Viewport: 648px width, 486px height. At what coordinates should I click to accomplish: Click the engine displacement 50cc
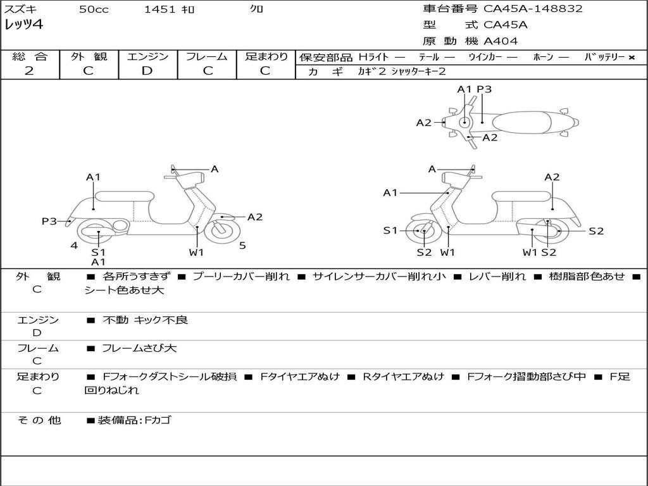click(94, 9)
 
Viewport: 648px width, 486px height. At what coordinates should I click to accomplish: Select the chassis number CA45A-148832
click(533, 9)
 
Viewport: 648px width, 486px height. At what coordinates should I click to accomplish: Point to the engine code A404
click(501, 41)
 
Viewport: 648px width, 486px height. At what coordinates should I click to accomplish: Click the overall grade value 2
click(29, 71)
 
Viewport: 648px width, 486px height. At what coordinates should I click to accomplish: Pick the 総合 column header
click(30, 56)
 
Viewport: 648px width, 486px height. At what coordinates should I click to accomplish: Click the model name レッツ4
click(23, 25)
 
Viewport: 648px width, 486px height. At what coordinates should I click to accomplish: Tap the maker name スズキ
click(20, 9)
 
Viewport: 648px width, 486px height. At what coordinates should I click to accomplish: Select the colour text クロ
click(257, 9)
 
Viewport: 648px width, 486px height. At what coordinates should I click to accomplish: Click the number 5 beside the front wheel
click(242, 246)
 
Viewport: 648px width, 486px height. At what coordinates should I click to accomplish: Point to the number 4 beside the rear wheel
click(74, 245)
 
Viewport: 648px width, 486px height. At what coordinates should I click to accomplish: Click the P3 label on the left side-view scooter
click(49, 221)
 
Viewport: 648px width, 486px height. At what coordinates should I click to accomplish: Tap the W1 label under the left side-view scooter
click(197, 252)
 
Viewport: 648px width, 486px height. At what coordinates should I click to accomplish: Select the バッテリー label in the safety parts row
click(605, 57)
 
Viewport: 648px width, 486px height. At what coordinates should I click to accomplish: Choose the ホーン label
click(543, 57)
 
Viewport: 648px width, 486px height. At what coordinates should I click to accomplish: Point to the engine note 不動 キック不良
click(145, 320)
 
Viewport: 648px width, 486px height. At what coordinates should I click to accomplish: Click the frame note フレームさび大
click(139, 348)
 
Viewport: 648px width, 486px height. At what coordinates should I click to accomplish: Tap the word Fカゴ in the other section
click(158, 420)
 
